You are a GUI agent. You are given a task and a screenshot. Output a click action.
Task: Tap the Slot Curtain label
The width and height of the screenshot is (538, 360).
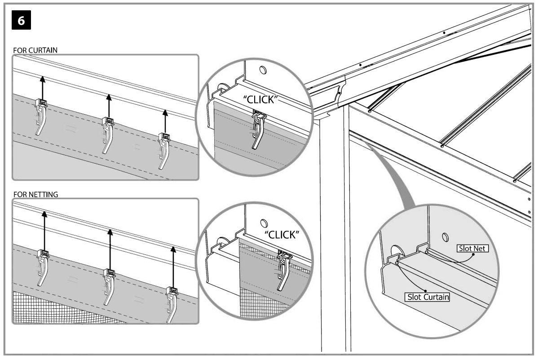click(x=427, y=297)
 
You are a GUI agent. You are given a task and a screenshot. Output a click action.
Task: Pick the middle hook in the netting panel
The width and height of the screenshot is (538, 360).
click(x=108, y=286)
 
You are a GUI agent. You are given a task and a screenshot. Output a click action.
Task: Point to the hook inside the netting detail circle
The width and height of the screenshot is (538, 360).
click(x=284, y=269)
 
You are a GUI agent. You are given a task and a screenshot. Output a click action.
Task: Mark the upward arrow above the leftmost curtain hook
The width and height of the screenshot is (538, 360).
click(x=42, y=88)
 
